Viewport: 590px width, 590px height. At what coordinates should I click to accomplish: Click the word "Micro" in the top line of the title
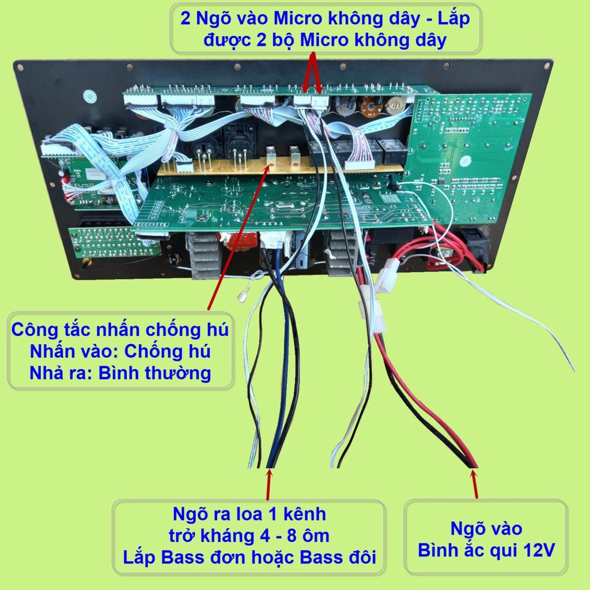pos(298,19)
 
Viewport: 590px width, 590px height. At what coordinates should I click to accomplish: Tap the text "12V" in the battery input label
pos(537,550)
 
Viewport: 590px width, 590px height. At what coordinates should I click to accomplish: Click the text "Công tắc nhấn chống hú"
pos(120,331)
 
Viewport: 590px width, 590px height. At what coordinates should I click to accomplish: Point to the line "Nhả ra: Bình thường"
pos(120,373)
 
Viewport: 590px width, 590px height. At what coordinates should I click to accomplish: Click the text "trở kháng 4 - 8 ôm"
pos(249,535)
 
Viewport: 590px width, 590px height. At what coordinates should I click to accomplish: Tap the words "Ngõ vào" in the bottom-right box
pos(486,528)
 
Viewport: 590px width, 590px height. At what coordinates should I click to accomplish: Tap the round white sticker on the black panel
pos(89,96)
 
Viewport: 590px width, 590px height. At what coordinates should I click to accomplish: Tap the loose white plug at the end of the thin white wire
pos(242,297)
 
